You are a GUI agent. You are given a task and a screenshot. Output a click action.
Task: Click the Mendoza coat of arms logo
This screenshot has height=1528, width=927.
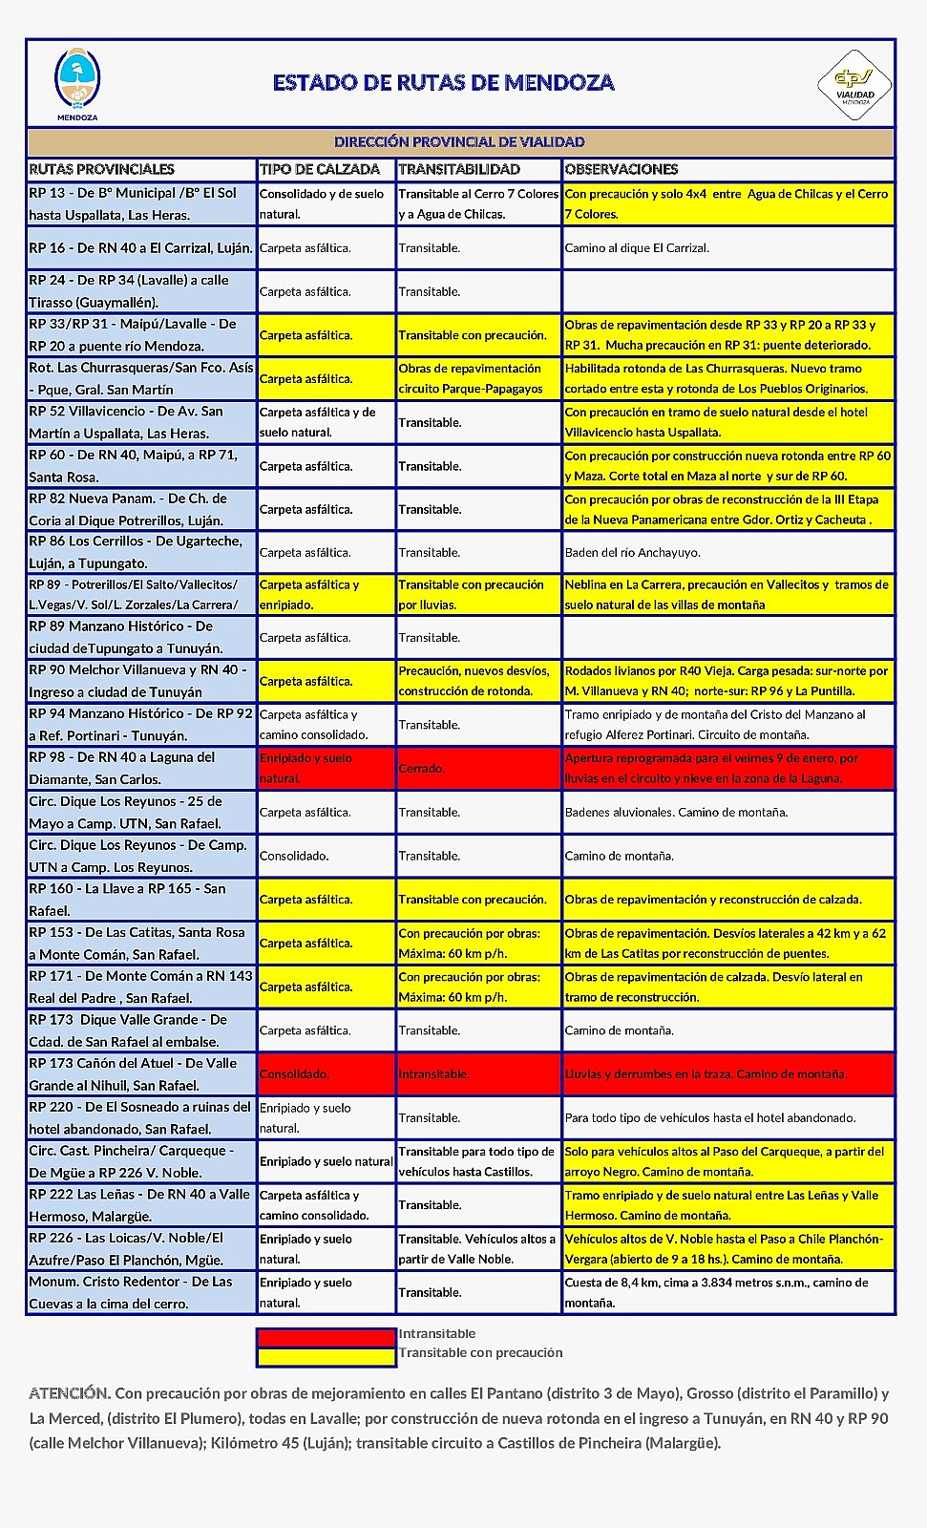point(77,80)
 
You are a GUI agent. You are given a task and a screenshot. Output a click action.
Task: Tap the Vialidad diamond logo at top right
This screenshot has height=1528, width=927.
point(854,84)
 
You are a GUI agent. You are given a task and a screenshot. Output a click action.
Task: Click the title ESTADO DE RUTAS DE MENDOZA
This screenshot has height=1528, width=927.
point(443,83)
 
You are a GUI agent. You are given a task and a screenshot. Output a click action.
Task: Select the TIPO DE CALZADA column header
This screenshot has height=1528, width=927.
point(320,169)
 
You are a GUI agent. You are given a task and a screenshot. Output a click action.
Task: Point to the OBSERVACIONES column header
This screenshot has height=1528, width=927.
point(622,169)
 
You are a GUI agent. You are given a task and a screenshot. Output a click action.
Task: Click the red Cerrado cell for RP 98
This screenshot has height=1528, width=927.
point(477,768)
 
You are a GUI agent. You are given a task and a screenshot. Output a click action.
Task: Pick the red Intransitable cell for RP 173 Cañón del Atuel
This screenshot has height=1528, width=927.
point(477,1074)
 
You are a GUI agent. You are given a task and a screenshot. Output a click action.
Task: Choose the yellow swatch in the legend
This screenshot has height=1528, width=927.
point(326,1355)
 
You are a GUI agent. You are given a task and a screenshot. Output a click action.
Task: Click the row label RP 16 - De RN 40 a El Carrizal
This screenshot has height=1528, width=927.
point(140,248)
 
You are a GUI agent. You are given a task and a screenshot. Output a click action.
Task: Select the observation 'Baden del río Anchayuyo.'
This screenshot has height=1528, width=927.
point(632,553)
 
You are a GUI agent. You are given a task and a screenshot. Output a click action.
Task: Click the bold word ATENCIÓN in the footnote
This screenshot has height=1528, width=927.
point(69,1393)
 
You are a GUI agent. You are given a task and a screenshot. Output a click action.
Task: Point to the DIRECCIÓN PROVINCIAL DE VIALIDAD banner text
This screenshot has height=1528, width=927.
point(459,142)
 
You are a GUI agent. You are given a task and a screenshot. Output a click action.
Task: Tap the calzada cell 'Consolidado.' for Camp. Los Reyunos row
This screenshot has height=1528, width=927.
point(294,857)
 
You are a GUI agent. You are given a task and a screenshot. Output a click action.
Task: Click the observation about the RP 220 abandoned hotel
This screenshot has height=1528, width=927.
point(709,1117)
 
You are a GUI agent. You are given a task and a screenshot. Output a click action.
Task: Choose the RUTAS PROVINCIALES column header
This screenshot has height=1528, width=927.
point(102,169)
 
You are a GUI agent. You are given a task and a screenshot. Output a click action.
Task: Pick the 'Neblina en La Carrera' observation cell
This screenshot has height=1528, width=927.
point(727,594)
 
